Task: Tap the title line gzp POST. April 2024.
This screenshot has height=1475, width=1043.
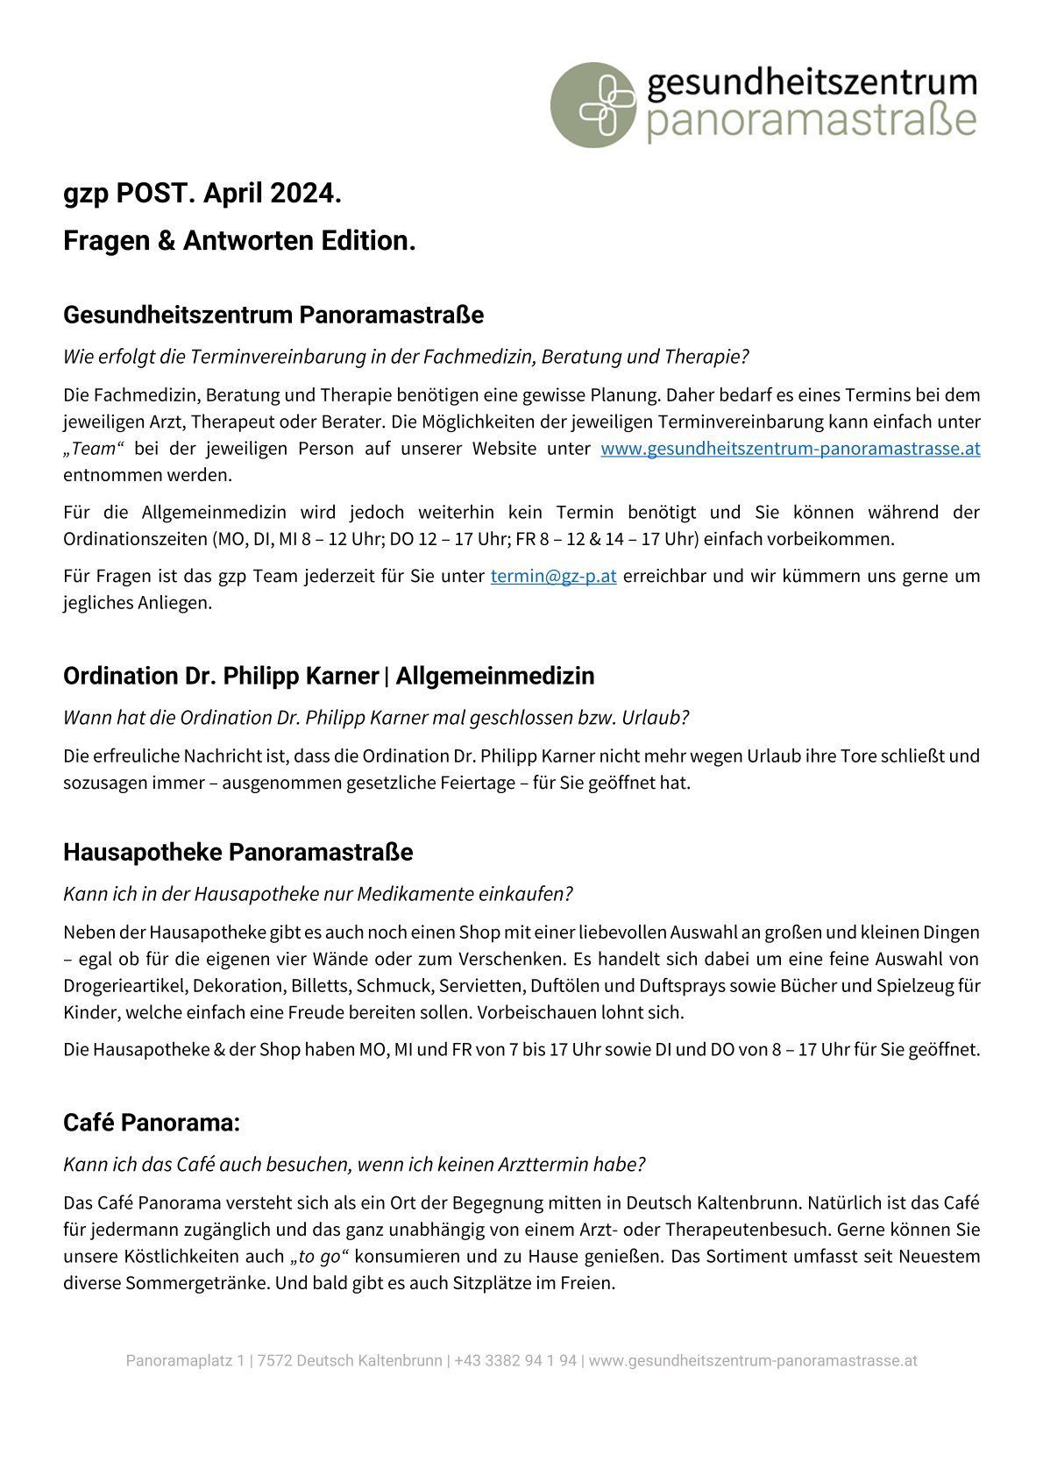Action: click(202, 194)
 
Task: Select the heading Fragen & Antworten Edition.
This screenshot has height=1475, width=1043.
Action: click(239, 241)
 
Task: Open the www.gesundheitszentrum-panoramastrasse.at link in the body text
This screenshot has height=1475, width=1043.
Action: click(790, 449)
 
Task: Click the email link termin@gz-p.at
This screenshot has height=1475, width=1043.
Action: click(553, 577)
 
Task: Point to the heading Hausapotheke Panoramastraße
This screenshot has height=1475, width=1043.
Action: click(238, 852)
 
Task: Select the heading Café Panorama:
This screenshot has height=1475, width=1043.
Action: click(152, 1123)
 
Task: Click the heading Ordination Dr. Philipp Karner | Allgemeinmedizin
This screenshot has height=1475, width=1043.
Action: click(329, 676)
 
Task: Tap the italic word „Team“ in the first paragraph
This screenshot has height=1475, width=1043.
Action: click(94, 449)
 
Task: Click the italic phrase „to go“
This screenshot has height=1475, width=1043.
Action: click(318, 1257)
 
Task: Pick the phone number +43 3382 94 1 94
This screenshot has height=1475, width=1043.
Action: click(515, 1361)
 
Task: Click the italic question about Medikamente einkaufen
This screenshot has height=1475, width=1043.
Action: click(317, 894)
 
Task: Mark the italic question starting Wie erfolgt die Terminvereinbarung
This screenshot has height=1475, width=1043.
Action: click(406, 357)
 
